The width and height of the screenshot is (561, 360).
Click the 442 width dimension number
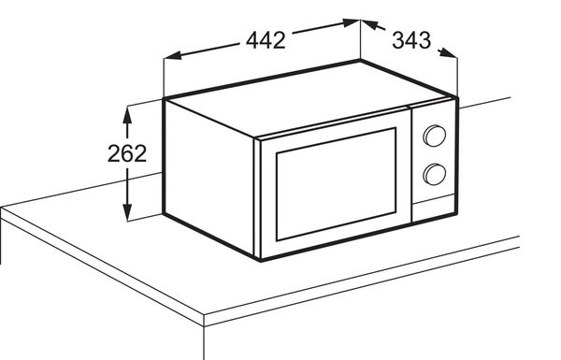click(266, 40)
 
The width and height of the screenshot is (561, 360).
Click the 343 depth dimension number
click(411, 40)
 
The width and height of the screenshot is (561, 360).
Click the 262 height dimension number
click(127, 153)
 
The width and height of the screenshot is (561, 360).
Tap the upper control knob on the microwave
click(435, 136)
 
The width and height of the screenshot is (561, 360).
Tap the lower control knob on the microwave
click(435, 174)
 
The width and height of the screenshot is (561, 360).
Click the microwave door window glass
click(336, 184)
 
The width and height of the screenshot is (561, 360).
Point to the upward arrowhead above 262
click(127, 116)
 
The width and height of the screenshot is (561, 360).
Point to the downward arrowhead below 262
click(127, 212)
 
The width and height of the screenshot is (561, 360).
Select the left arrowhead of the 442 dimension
click(172, 55)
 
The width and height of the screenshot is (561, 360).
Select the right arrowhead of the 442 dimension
click(351, 22)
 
